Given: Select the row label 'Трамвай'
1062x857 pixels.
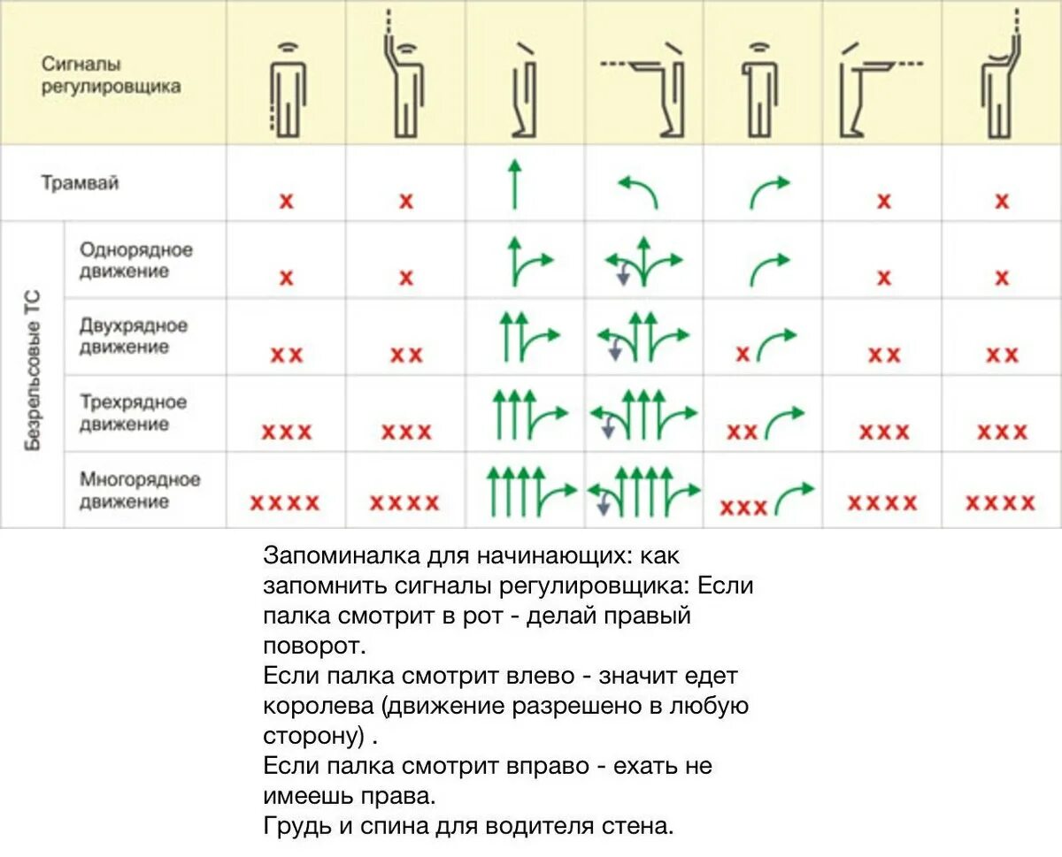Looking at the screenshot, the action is click(80, 184).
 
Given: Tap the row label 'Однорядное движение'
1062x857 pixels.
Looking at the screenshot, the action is click(135, 261).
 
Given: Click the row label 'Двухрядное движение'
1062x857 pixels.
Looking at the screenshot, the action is click(134, 336).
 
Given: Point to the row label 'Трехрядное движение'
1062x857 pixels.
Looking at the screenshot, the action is click(133, 413).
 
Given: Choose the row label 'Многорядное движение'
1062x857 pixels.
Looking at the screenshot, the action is click(140, 490).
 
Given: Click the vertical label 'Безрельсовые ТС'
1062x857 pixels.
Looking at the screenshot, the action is click(33, 371).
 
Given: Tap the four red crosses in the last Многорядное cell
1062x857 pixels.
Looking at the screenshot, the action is click(1000, 503).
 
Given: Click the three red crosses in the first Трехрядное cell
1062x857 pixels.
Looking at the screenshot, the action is click(286, 432).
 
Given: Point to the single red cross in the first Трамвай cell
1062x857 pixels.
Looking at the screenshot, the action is click(286, 201).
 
